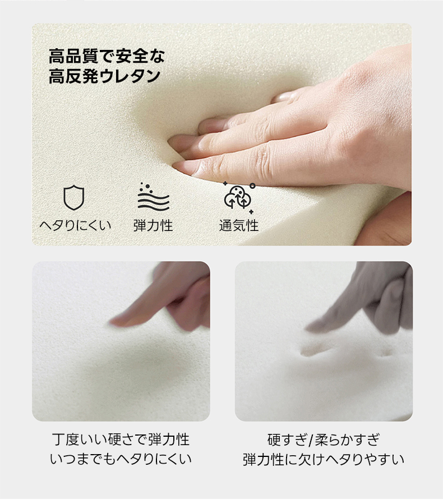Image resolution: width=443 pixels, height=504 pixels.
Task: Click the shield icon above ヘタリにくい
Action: pos(74,197)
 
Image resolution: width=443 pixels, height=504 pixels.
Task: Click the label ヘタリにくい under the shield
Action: pos(75,225)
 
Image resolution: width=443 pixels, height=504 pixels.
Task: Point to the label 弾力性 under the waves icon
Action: pos(153,225)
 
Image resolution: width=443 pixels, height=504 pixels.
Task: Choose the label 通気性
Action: pos(239,225)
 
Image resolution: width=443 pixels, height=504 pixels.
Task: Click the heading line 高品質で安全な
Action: pos(107,56)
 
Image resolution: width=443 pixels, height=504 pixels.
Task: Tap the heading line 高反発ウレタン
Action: pos(104,76)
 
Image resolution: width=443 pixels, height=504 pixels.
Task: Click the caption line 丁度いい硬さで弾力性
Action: pos(121,440)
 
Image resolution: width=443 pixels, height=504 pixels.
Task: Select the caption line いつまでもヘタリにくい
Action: pos(121,459)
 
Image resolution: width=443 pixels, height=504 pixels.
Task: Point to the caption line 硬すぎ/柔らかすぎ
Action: pos(324,440)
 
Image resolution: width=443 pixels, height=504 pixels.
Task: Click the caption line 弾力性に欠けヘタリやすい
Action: pos(324,459)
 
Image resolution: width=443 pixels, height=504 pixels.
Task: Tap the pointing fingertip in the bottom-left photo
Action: pos(113,322)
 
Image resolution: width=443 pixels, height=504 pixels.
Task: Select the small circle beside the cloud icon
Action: pos(252,186)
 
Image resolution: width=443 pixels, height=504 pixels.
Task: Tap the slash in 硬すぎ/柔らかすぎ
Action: pos(310,440)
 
